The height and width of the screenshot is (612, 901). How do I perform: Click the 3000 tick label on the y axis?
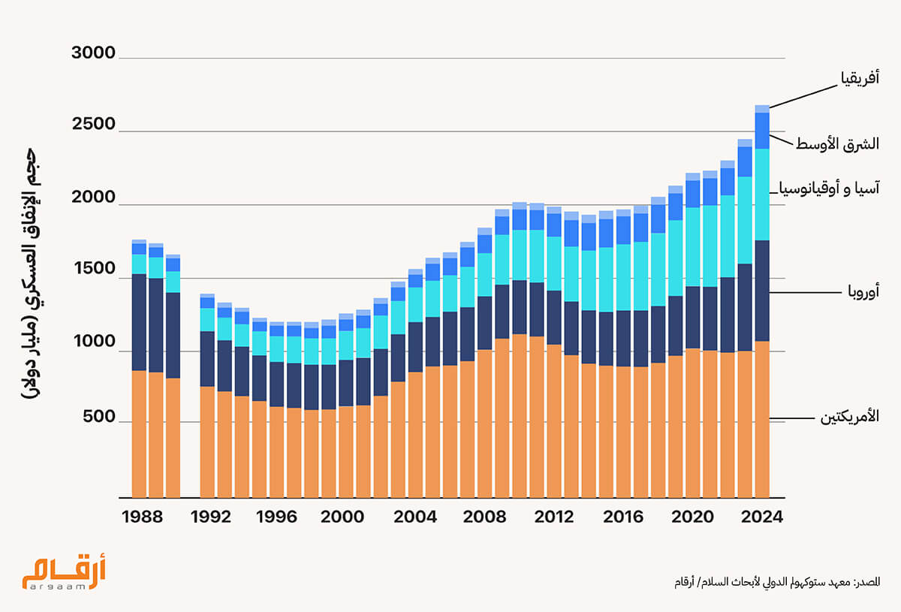93,53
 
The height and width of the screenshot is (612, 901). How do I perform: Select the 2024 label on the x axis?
762,517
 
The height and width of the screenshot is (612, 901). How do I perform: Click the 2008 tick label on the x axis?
485,517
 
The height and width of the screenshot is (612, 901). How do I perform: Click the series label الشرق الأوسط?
837,143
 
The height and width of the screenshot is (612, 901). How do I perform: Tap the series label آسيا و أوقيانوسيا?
830,188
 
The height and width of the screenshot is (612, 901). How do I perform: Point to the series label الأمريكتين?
848,418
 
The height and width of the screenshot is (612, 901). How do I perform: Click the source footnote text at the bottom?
776,583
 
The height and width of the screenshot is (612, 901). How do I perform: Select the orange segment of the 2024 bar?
762,421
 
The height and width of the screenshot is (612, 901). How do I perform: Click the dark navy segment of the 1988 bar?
139,323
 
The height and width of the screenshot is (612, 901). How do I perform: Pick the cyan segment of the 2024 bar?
762,195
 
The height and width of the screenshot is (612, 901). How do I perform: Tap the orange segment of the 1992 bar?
208,443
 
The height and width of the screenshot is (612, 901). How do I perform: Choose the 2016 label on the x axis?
623,517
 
